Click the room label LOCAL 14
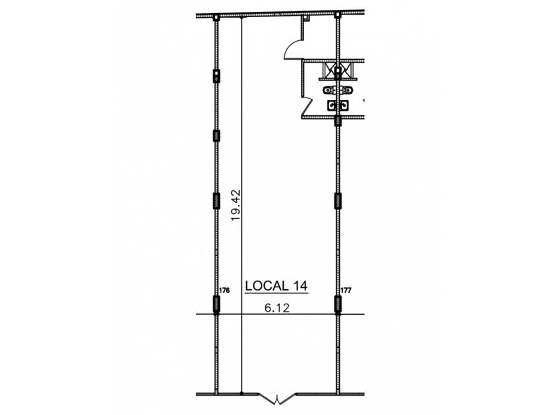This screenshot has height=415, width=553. pos(276,285)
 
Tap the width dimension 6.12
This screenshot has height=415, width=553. pos(277,308)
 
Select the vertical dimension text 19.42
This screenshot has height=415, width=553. pos(236,206)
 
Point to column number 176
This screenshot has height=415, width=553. pos(224,290)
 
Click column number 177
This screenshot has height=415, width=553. pos(346,290)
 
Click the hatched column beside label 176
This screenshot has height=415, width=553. pos(216,304)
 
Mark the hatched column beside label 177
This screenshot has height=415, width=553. pos(338,304)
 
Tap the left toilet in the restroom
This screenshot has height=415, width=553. pos(329,90)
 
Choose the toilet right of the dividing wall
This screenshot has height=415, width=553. pos(346,90)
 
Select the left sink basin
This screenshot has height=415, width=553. pos(332,105)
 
